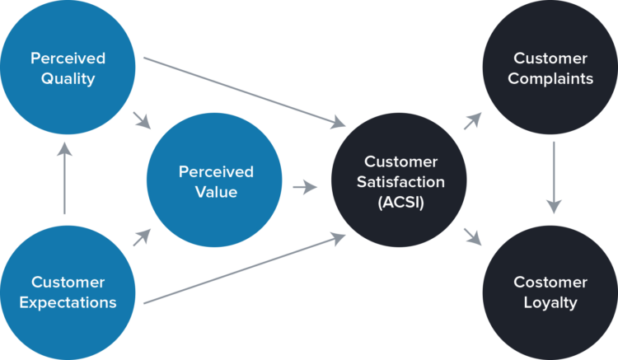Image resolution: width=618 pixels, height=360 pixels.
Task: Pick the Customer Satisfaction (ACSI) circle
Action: point(401,182)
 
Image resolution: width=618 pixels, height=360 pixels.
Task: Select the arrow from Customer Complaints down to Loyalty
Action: point(554,178)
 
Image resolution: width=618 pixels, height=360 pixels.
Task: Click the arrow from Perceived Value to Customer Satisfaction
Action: point(305,187)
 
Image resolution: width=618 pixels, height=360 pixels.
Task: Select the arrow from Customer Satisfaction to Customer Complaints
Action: point(471,122)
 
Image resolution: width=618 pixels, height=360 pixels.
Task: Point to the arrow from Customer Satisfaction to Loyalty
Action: point(471,237)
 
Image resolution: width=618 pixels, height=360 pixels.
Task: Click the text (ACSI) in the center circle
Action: point(401,203)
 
